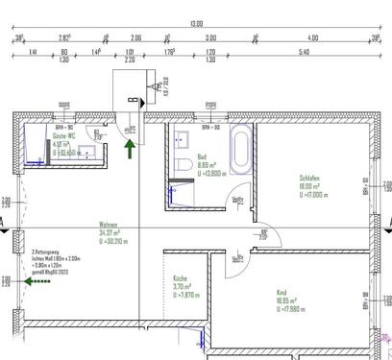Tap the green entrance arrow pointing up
(130, 147)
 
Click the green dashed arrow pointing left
(38, 295)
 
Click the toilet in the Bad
(182, 169)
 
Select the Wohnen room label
(108, 224)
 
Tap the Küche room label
(181, 277)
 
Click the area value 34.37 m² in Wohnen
(108, 232)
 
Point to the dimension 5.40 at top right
(304, 53)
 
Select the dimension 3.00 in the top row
(210, 37)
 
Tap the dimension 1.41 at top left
(34, 53)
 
